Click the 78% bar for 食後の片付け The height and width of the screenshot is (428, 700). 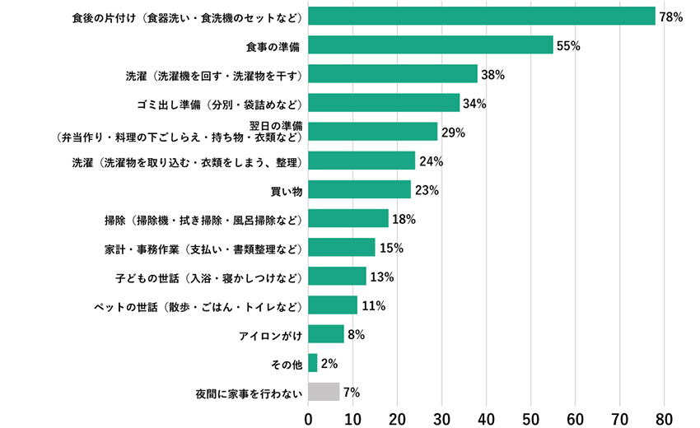[x=482, y=16]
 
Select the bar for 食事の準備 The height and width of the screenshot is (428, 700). [x=431, y=45]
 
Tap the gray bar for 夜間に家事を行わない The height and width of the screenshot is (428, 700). [x=324, y=392]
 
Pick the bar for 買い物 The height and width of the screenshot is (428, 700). [x=360, y=190]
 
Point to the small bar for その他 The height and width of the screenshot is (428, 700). [x=313, y=363]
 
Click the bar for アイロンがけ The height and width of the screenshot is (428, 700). [x=326, y=334]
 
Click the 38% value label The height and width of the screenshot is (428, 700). [x=492, y=75]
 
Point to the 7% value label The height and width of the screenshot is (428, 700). [x=352, y=392]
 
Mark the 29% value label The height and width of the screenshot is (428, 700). [x=453, y=133]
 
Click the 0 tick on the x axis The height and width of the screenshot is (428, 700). [x=309, y=416]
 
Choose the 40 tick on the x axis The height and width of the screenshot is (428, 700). [x=487, y=416]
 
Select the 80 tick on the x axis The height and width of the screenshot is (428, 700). [x=664, y=416]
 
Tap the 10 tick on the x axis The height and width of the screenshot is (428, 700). [x=353, y=416]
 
